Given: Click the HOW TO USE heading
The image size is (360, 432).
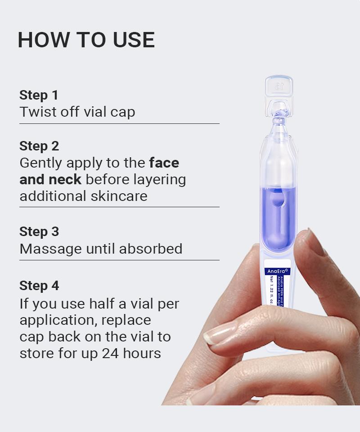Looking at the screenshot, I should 86,40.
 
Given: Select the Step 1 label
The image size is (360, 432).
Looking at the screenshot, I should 39,95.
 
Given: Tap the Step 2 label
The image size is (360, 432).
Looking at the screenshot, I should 39,146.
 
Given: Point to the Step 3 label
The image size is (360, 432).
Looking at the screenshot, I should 39,232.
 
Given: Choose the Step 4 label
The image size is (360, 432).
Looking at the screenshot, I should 39,286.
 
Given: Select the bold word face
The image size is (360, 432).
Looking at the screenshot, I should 164,162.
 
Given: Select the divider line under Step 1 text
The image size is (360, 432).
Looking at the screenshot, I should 119,123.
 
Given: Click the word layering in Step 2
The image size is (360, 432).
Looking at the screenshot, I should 160,180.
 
